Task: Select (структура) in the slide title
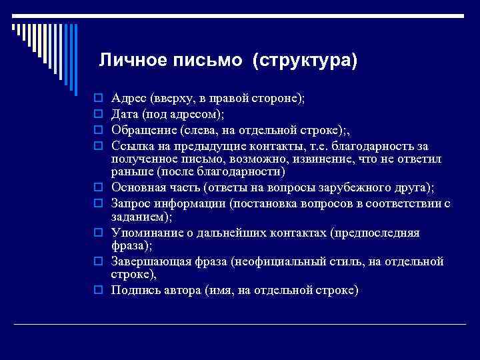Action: [305, 61]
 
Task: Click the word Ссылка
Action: [133, 145]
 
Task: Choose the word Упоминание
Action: [147, 232]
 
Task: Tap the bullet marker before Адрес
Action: [98, 98]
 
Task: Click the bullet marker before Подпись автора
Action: [98, 291]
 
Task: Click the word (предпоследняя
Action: [379, 232]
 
